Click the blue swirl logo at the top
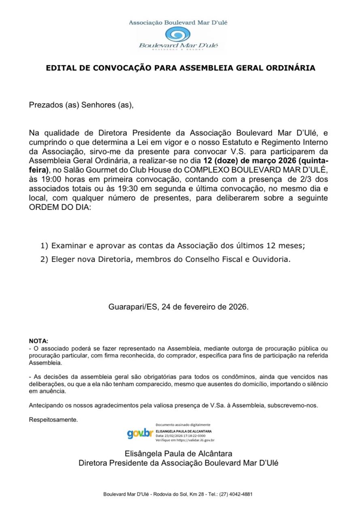point(178,34)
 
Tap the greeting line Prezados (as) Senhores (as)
point(81,105)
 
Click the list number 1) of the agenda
point(45,246)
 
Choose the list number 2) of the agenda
point(45,259)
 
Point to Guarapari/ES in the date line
point(133,307)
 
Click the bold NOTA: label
point(38,341)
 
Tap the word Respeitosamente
point(53,420)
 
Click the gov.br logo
point(140,433)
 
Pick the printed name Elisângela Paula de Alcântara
point(178,454)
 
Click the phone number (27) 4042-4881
point(236,494)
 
